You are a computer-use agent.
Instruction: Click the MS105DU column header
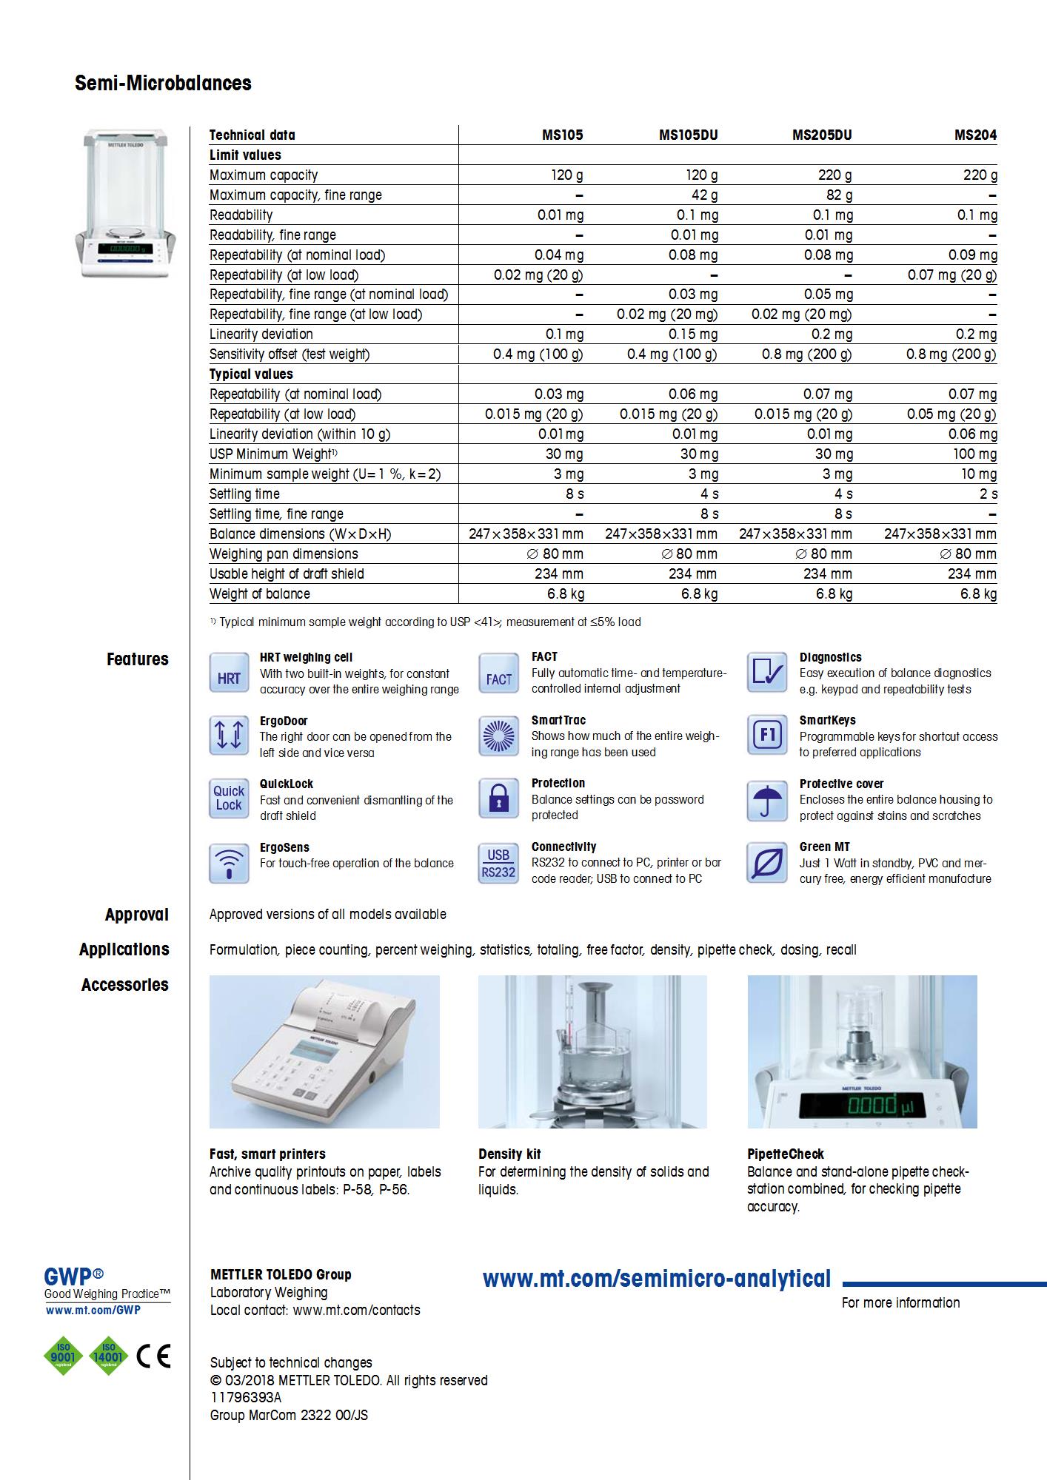pos(688,135)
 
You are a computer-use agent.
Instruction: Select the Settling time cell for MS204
pos(989,494)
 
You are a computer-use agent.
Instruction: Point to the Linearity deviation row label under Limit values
pos(261,334)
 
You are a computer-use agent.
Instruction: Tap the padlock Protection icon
pos(498,799)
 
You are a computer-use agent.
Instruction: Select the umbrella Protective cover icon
pos(767,800)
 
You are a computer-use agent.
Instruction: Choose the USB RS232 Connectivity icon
pos(498,863)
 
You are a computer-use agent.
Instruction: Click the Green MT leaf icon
pos(767,863)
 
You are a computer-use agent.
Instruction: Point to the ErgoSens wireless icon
pos(229,863)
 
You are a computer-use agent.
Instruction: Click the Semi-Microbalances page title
pos(163,83)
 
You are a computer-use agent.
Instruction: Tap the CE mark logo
pos(154,1355)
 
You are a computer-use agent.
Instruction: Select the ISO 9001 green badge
pos(64,1355)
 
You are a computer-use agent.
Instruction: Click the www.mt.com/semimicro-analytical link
pos(656,1279)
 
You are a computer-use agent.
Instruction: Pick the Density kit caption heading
pos(509,1154)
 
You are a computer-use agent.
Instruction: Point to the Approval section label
pos(137,915)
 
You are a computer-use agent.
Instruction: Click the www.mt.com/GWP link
pos(93,1310)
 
